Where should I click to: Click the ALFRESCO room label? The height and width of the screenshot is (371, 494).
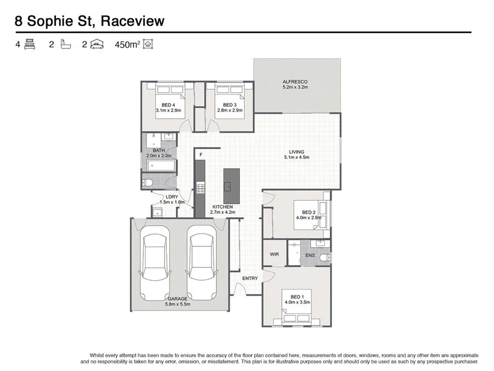(295, 81)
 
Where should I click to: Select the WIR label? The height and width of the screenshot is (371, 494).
(274, 254)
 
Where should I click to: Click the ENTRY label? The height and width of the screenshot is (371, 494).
(250, 278)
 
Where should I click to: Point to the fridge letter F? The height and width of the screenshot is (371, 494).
(201, 155)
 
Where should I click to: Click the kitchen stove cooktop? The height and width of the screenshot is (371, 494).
(200, 189)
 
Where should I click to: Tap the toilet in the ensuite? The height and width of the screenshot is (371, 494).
(324, 257)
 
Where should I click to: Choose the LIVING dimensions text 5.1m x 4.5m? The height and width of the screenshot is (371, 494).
(296, 157)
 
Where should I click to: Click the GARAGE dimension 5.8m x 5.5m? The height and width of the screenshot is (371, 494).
(177, 304)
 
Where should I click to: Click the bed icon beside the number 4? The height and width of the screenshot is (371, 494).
(30, 45)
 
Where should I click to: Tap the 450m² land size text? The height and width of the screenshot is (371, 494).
(126, 45)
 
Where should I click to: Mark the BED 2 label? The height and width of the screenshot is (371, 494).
(308, 212)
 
